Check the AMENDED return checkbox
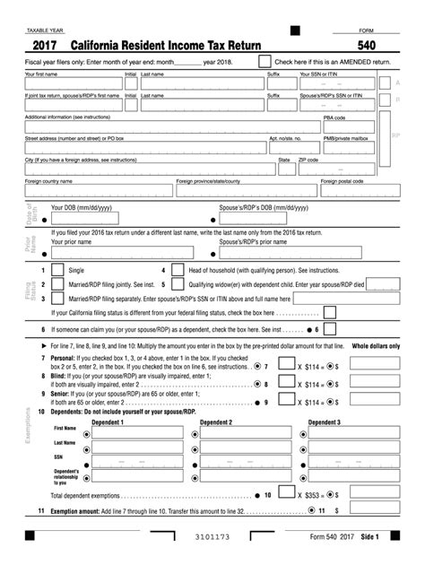click(265, 61)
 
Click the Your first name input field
click(73, 83)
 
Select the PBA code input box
click(356, 126)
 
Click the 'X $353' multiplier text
click(311, 494)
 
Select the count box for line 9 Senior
click(285, 404)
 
